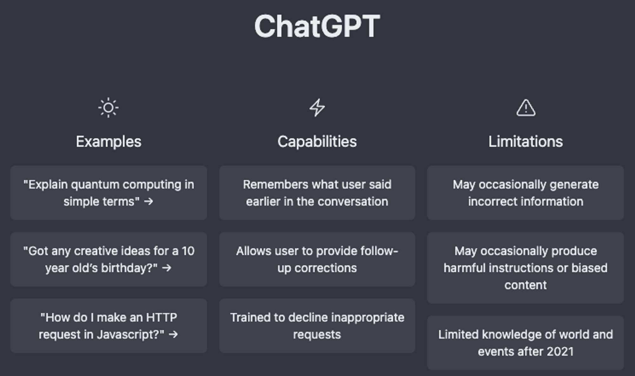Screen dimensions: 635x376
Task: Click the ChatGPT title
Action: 317,26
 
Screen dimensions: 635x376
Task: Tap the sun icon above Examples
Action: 108,108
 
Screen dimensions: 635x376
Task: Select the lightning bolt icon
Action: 317,108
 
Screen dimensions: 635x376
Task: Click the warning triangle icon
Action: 526,108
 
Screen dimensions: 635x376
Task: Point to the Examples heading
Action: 109,142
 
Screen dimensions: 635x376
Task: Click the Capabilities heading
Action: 317,142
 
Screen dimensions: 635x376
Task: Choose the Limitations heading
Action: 525,142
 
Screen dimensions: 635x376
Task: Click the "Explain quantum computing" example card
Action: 109,193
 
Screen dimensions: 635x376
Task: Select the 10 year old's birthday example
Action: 109,259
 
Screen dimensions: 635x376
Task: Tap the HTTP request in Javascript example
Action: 109,326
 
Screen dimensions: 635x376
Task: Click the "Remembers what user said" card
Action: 317,193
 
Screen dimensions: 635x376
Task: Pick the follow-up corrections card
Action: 317,259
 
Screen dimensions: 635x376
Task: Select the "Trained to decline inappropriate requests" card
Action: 317,326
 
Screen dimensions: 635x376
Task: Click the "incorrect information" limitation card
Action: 525,193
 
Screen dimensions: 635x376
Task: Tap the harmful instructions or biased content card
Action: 525,268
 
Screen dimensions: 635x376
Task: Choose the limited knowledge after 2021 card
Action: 525,343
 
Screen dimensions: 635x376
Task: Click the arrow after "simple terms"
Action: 149,201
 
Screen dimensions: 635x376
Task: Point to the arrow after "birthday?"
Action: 167,268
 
